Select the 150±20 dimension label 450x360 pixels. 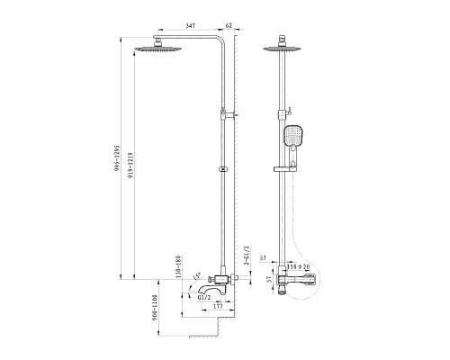295,267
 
